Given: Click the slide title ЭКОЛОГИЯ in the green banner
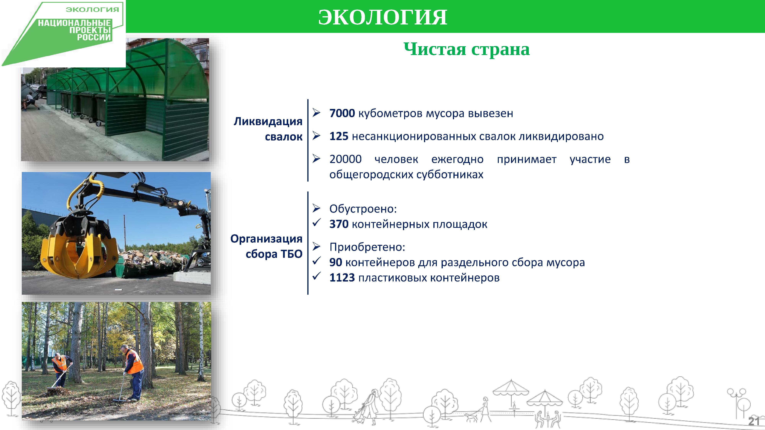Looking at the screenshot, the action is click(x=382, y=17).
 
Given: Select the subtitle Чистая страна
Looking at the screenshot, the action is click(x=466, y=49).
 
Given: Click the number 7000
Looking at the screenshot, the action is click(x=342, y=113).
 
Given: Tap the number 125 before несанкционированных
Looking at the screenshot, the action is click(x=339, y=136).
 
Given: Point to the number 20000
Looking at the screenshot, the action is click(x=345, y=159).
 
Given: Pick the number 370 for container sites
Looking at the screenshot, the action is click(x=339, y=224).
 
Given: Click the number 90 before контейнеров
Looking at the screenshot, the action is click(x=336, y=262).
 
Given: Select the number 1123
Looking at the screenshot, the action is click(x=342, y=278).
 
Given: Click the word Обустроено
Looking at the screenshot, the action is click(x=363, y=209).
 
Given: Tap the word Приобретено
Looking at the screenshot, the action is click(x=367, y=247).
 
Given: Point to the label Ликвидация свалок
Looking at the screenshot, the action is click(x=268, y=129).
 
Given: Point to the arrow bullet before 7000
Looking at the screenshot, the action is click(x=316, y=113).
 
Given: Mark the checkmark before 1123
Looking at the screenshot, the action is click(x=316, y=276).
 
